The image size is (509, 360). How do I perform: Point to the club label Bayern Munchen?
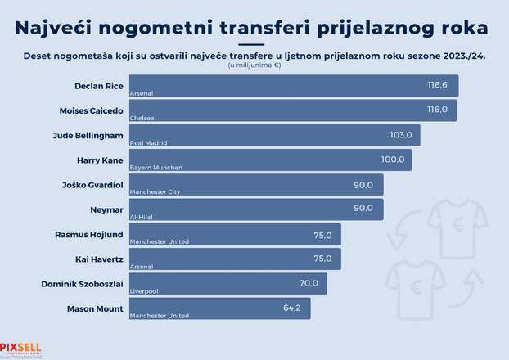[155, 168]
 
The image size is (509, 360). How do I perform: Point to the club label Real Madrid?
[149, 143]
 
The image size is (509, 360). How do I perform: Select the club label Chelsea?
[142, 119]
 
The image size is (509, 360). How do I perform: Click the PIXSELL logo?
[20, 346]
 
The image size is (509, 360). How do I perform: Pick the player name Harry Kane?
[99, 160]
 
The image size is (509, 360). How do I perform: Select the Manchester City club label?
[155, 192]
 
